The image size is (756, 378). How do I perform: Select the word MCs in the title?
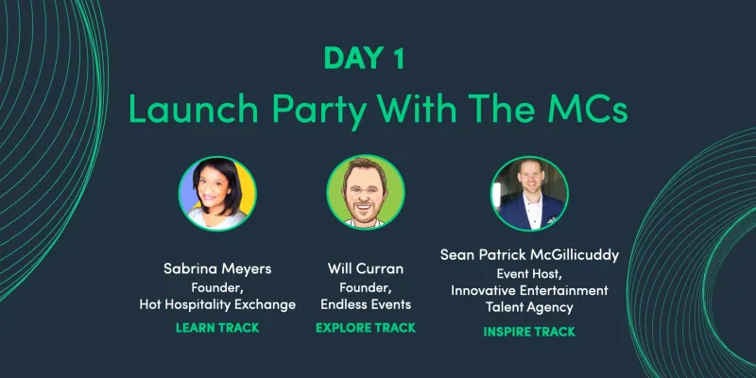click(x=583, y=110)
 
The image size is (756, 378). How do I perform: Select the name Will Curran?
click(x=367, y=269)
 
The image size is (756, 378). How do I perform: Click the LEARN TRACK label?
click(x=218, y=328)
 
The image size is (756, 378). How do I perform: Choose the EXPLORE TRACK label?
click(x=367, y=328)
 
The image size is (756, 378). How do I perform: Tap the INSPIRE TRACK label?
click(x=529, y=332)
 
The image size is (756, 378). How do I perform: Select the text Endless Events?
click(x=367, y=304)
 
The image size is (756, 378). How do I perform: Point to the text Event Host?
click(x=527, y=273)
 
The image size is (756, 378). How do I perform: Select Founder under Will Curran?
click(x=367, y=287)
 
